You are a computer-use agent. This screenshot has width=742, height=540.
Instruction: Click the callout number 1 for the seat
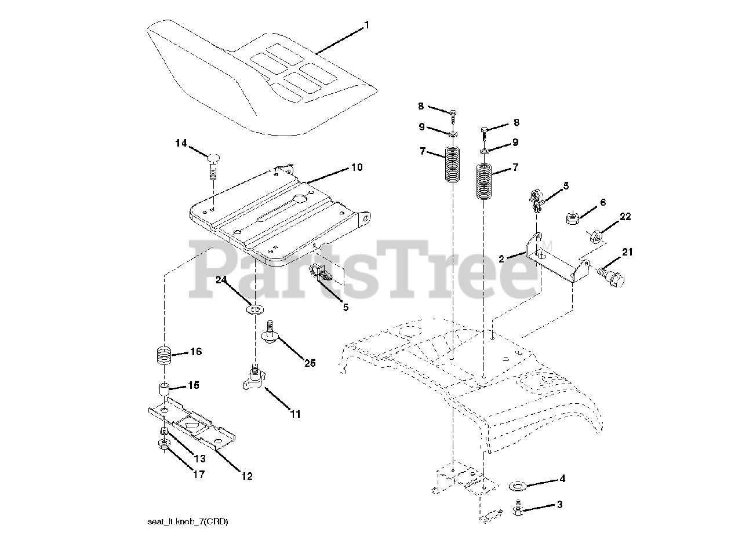tap(366, 25)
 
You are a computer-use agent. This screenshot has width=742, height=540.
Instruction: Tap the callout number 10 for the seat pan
tap(356, 167)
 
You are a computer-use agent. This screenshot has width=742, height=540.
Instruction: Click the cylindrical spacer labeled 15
tap(163, 388)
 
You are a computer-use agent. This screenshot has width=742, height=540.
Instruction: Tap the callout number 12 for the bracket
tap(247, 476)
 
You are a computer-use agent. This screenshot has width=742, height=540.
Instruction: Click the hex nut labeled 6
tap(571, 219)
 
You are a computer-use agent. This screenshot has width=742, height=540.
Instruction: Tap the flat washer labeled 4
tap(517, 484)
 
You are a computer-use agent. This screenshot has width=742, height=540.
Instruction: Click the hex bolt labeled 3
tap(518, 508)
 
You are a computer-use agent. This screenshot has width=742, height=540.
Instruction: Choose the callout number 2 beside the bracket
tap(502, 258)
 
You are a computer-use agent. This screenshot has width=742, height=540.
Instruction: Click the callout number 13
tap(199, 459)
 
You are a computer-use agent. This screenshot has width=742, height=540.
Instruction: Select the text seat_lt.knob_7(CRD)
tap(188, 521)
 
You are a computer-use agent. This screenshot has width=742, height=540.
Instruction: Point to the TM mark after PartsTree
tap(545, 245)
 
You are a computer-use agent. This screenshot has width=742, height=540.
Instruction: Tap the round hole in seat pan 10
tap(299, 199)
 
